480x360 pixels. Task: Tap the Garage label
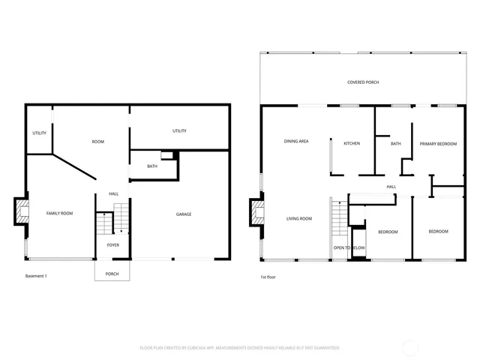pyautogui.click(x=184, y=214)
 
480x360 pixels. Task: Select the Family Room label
pyautogui.click(x=60, y=214)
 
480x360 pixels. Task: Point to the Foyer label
pyautogui.click(x=112, y=245)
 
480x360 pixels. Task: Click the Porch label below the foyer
pyautogui.click(x=112, y=274)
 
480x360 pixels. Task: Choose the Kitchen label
pyautogui.click(x=352, y=143)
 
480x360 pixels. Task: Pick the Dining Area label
pyautogui.click(x=296, y=141)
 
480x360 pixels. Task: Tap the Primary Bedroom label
pyautogui.click(x=438, y=143)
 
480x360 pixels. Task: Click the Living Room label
pyautogui.click(x=299, y=219)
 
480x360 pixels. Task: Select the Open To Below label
pyautogui.click(x=349, y=247)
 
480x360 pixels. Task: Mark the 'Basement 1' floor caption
pyautogui.click(x=36, y=276)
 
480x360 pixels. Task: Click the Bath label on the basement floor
pyautogui.click(x=152, y=166)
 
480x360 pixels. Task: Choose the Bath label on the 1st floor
pyautogui.click(x=395, y=143)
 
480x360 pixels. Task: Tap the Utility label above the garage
pyautogui.click(x=179, y=131)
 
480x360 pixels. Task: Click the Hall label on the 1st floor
pyautogui.click(x=391, y=187)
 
